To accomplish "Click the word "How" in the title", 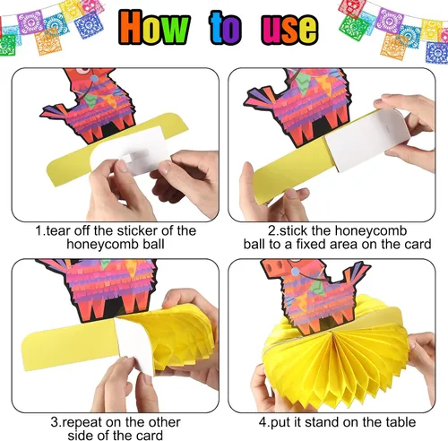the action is [154, 28].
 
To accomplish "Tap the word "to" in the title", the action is [225, 28].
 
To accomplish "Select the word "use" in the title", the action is [289, 30].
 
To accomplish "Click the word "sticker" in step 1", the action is [137, 230].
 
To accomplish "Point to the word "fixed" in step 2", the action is [309, 244].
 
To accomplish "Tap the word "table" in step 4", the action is [401, 422].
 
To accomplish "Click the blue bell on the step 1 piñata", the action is [94, 79].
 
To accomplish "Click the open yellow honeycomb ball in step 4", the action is [334, 359].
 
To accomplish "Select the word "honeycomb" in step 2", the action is [371, 230].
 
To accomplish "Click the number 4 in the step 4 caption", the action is [262, 422].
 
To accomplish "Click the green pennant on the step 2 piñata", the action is [304, 84].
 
